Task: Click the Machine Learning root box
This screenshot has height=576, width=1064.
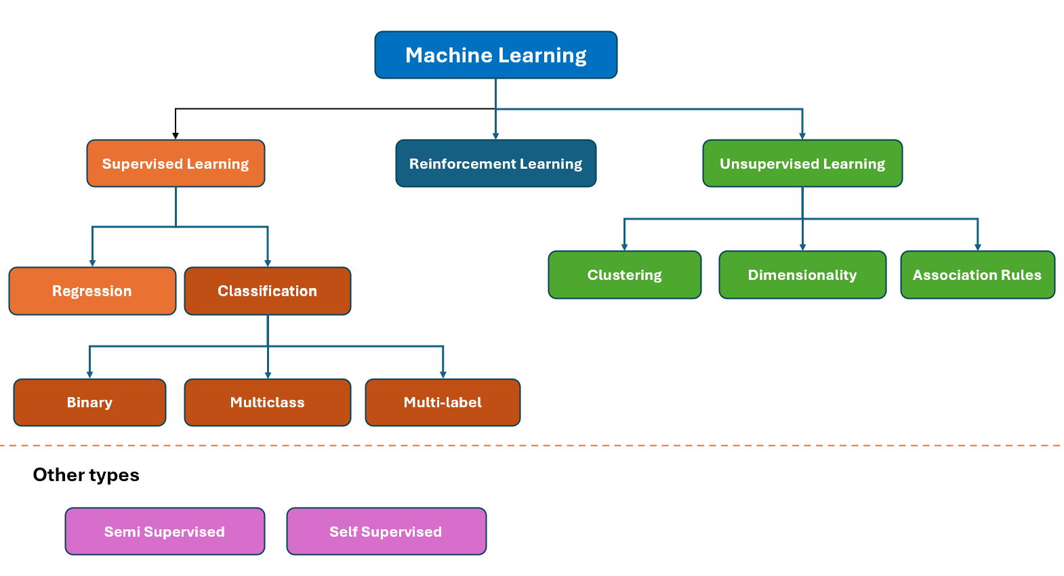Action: (x=495, y=55)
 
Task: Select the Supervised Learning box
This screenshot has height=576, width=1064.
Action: (x=176, y=163)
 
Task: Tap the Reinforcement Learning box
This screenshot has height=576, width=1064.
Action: (x=495, y=163)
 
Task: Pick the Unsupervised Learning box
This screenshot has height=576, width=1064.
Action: (x=802, y=163)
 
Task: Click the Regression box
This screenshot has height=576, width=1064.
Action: (x=92, y=291)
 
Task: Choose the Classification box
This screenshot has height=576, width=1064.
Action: (x=268, y=291)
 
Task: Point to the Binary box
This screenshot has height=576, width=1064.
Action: (x=89, y=403)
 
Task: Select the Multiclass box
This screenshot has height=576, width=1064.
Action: (x=268, y=403)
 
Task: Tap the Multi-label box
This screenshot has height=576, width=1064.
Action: (x=443, y=403)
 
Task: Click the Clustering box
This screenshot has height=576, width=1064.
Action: (x=624, y=274)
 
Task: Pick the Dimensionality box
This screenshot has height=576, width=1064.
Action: (x=802, y=274)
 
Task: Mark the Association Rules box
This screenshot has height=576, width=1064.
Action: (x=977, y=274)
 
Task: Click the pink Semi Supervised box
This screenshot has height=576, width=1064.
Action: (x=165, y=531)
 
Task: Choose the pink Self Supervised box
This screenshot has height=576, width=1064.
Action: (x=386, y=531)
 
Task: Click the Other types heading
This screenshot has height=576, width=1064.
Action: (x=86, y=475)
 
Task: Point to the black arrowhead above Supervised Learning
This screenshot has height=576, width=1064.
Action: (x=176, y=136)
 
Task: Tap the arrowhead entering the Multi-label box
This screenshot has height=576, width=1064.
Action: (x=443, y=375)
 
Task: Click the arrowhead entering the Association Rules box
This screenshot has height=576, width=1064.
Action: (x=977, y=247)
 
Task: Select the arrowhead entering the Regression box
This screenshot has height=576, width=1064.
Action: (x=92, y=263)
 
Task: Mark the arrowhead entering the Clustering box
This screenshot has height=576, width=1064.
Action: (x=624, y=247)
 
